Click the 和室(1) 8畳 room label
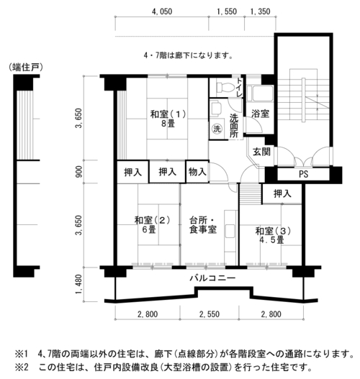[168, 119]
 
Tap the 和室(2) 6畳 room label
[152, 225]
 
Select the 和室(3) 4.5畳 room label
[273, 236]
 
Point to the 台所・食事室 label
[203, 225]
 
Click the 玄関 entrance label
[261, 152]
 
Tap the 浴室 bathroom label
[261, 114]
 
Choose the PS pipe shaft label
[303, 174]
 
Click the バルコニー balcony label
[212, 278]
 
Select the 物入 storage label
[197, 172]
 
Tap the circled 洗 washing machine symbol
[217, 129]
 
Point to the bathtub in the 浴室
[263, 93]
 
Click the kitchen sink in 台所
[230, 232]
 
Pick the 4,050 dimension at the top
[162, 12]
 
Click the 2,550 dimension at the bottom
[210, 314]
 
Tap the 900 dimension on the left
[79, 172]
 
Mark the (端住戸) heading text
[26, 67]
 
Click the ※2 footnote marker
[22, 367]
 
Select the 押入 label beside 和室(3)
[282, 193]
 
